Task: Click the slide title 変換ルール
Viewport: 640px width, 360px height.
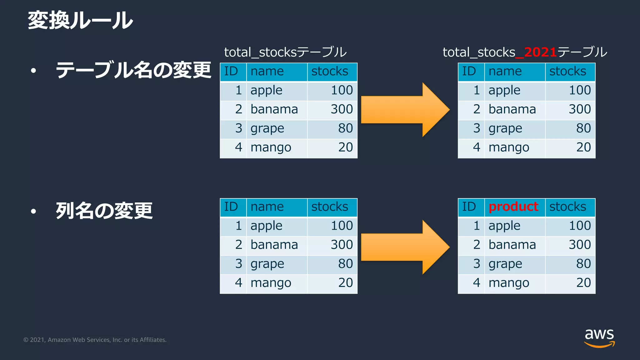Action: pos(80,21)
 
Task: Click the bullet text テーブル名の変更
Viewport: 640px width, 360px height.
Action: pos(133,70)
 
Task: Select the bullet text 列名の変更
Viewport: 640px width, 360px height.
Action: pos(104,211)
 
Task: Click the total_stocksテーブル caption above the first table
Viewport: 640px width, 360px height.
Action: pos(285,52)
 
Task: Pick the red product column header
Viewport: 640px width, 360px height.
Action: pos(513,207)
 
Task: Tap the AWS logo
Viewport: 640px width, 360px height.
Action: pos(599,338)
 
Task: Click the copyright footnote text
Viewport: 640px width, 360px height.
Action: pos(95,340)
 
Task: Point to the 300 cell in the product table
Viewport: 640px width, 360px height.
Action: pos(580,245)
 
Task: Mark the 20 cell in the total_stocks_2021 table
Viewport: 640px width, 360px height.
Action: pos(583,147)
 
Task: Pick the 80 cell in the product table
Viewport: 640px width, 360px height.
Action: pos(583,264)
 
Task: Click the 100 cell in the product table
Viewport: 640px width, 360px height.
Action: pos(580,226)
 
